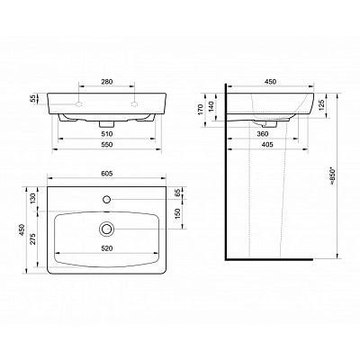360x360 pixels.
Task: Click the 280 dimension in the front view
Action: (x=107, y=83)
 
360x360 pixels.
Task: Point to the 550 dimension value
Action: (x=107, y=147)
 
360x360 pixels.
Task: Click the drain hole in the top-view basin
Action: (x=107, y=230)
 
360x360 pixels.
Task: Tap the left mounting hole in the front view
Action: (x=81, y=104)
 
